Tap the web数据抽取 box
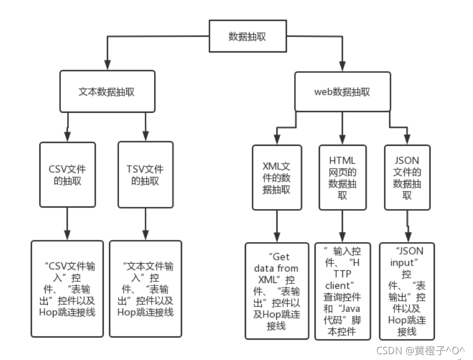[x=342, y=91]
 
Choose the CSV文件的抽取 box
[x=68, y=175]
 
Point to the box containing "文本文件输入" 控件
[x=145, y=288]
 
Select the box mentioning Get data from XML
[x=276, y=291]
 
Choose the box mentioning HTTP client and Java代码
[x=342, y=291]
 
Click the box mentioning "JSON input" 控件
[x=407, y=291]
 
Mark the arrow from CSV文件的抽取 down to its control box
[x=68, y=224]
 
